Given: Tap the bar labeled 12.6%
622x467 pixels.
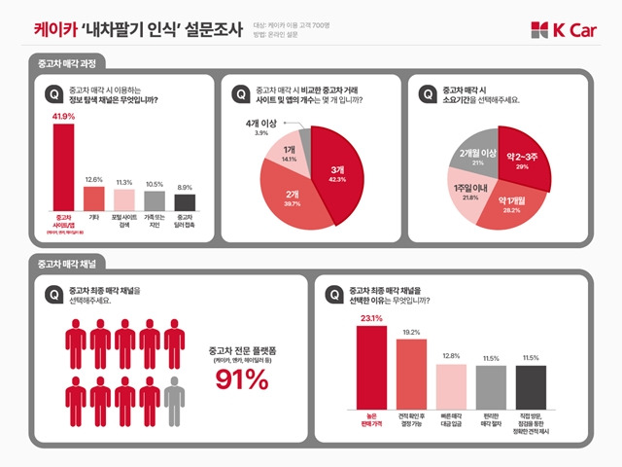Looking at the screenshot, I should (93, 198).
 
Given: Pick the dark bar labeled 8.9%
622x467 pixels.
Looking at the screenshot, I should (185, 201).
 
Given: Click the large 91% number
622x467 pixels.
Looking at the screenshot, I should (240, 380).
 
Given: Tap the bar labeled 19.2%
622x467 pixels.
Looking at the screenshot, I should (411, 373).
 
